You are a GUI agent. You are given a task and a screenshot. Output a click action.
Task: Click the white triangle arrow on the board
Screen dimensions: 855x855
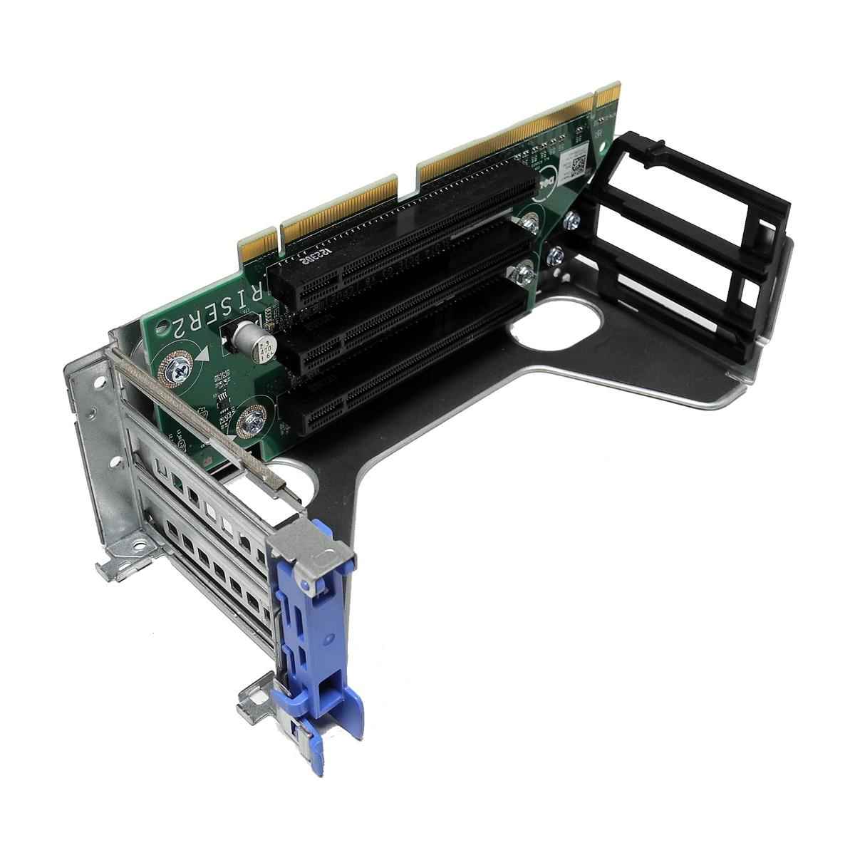pos(204,354)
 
